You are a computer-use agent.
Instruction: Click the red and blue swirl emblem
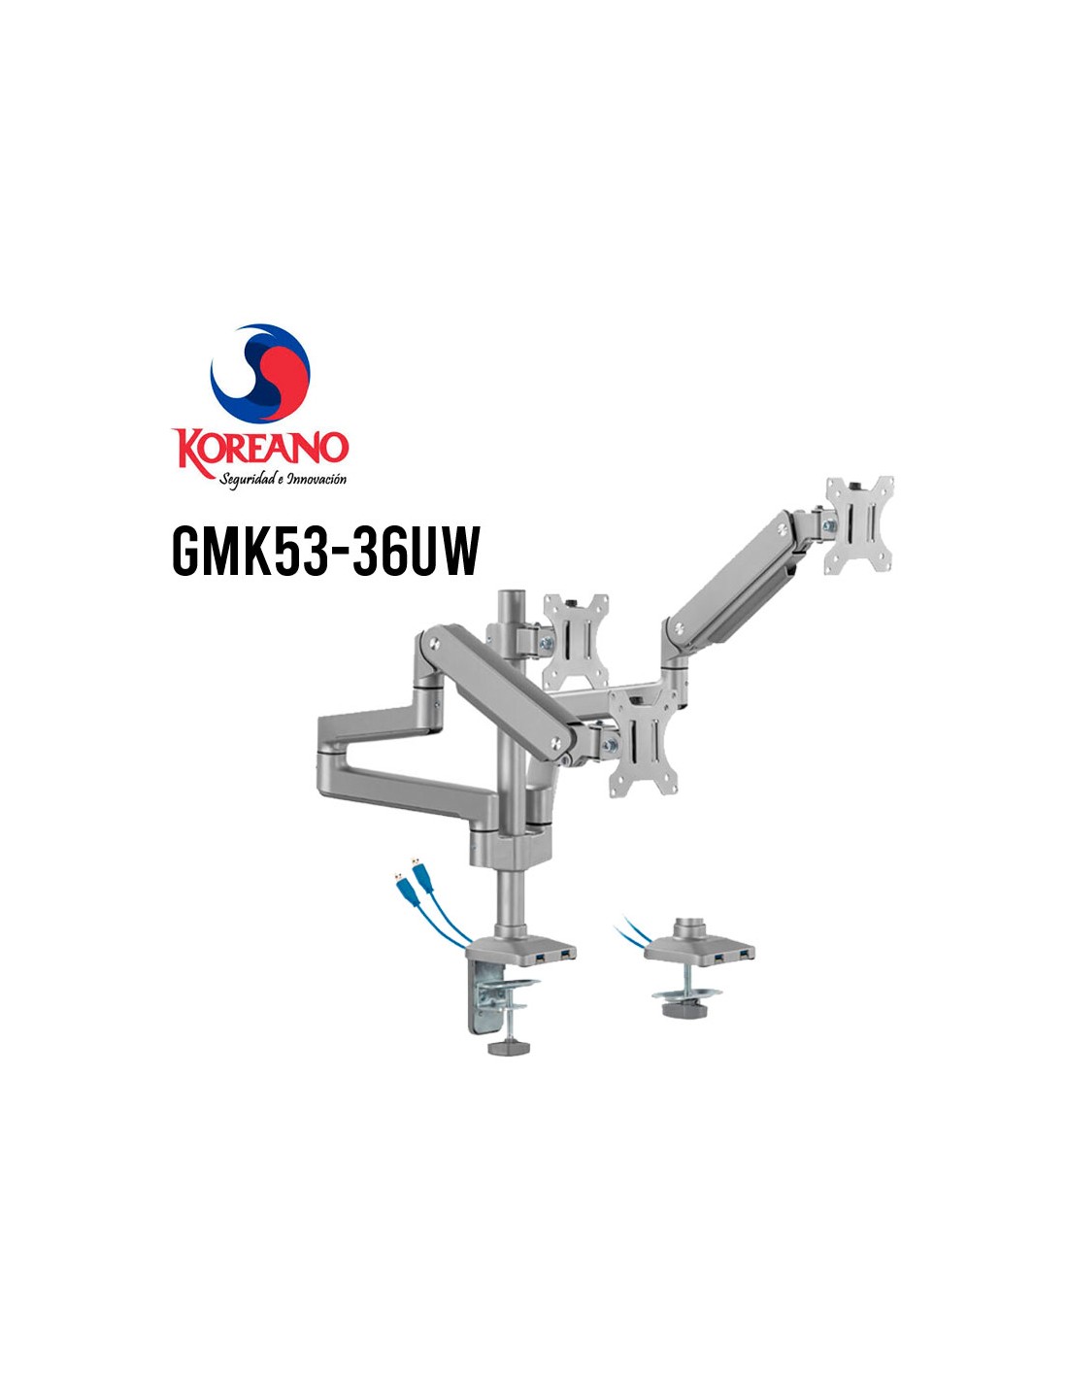[260, 373]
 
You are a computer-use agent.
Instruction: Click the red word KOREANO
[260, 451]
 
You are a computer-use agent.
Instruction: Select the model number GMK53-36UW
[326, 551]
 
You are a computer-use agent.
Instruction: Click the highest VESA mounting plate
[858, 525]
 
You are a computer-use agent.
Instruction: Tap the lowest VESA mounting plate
[644, 742]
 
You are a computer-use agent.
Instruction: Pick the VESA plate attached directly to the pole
[575, 641]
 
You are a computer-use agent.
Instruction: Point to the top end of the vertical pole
[511, 591]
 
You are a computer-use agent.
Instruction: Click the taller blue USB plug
[422, 875]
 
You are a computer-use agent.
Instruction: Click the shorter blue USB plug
[406, 889]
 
